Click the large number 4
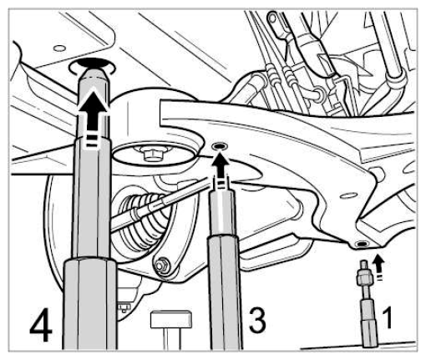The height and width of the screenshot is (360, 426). pos(41,326)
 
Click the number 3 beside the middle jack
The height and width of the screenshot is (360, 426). pos(257,320)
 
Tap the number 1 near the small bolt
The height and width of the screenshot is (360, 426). pos(388,317)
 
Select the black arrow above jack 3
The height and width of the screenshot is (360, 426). pos(221,170)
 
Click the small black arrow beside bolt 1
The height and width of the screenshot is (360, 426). pos(378,266)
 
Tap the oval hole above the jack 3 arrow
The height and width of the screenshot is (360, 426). pos(220,146)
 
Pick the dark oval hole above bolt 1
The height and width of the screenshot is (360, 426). pos(363,244)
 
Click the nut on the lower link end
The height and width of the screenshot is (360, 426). pos(161,265)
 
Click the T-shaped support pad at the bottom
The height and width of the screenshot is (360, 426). pos(170,327)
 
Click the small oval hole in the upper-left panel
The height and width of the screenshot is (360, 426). pos(59,48)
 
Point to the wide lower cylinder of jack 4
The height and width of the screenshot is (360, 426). pos(90,303)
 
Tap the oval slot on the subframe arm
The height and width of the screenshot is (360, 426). pos(349,195)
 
